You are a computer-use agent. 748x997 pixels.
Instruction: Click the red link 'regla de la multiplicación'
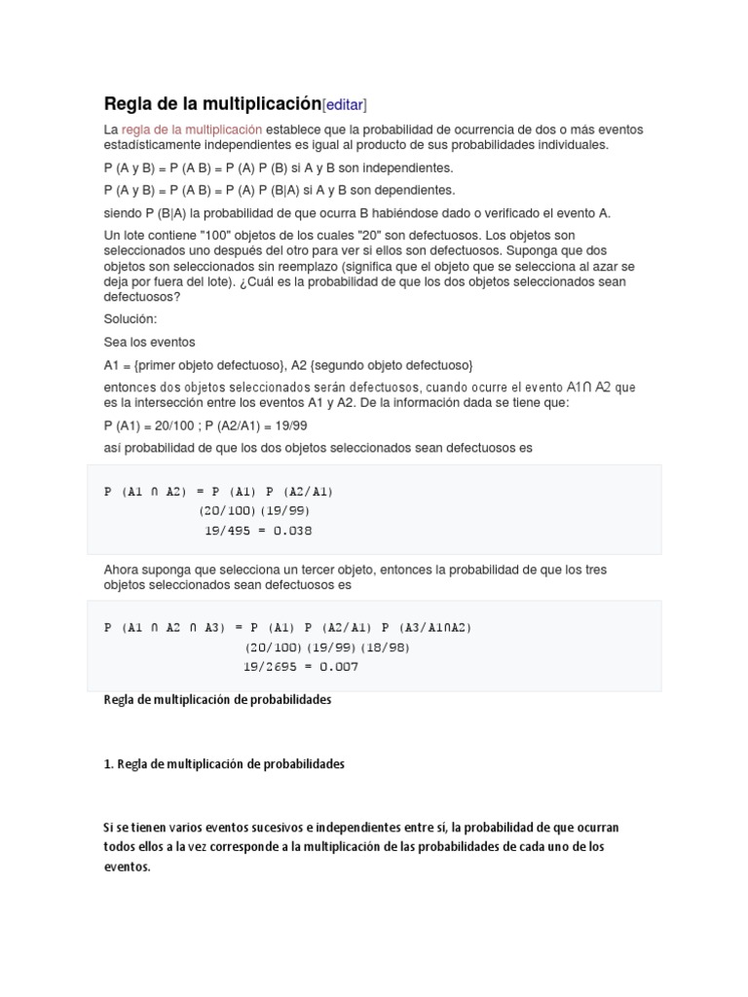pos(192,129)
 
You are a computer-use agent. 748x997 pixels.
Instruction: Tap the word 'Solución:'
pos(130,319)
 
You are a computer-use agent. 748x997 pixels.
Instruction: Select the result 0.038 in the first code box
pos(293,531)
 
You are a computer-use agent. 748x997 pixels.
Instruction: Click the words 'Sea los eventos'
pos(149,342)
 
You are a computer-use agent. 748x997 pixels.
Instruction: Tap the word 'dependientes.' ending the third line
pos(418,191)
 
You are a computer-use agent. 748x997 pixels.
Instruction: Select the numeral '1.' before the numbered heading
pos(108,764)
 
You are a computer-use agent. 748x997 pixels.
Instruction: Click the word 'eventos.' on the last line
pos(128,867)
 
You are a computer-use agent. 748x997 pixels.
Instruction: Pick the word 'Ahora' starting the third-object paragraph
pos(122,569)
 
